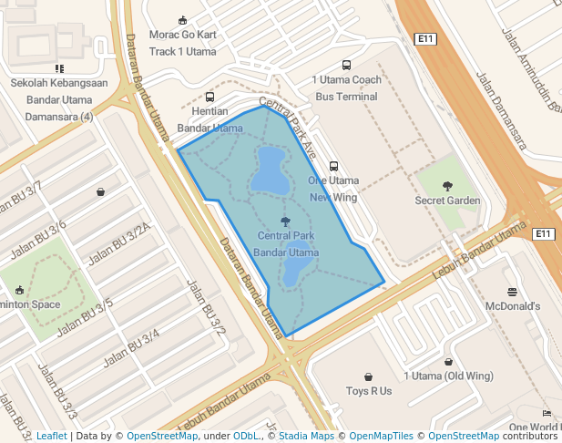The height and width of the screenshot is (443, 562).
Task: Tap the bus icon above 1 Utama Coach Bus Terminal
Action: (346, 65)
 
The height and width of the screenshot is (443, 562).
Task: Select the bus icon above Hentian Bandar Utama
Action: (210, 97)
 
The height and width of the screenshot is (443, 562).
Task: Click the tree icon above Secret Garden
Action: (447, 186)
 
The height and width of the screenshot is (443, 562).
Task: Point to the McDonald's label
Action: (513, 306)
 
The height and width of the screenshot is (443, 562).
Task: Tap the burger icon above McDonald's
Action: (513, 292)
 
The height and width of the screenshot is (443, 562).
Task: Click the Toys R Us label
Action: (369, 391)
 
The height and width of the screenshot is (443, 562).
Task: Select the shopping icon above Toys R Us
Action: (369, 376)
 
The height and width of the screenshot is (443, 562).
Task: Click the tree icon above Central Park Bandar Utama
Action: (286, 221)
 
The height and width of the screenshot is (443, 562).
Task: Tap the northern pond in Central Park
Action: (270, 170)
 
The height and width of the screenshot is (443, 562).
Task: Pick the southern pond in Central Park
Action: (295, 271)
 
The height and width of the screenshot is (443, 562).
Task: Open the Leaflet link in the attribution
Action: (51, 437)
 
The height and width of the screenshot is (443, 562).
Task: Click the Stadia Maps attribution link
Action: (306, 437)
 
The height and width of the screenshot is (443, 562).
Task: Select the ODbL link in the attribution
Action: (246, 437)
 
